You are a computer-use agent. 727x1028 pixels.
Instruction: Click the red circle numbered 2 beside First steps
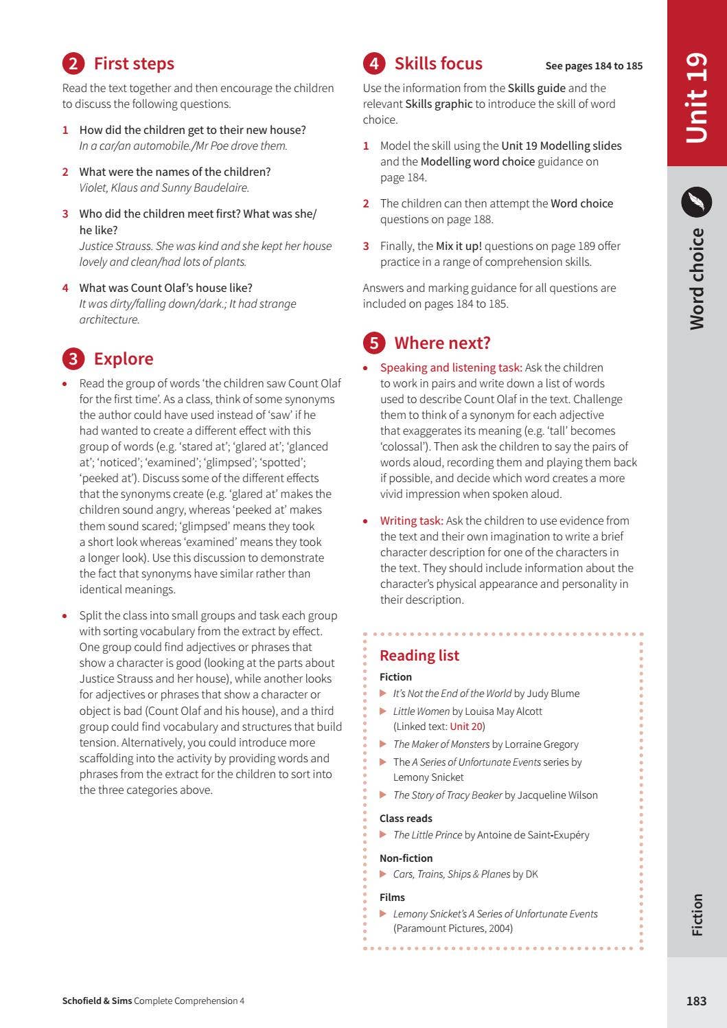[73, 64]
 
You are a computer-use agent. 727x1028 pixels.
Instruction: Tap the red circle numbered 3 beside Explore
[73, 359]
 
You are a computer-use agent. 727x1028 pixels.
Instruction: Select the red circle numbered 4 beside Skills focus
[373, 64]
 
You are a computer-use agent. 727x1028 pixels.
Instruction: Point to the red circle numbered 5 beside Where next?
[373, 343]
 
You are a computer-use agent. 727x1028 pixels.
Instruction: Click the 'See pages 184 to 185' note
[594, 66]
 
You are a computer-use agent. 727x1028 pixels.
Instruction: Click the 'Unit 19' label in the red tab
[696, 98]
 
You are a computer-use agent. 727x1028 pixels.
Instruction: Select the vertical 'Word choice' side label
[696, 279]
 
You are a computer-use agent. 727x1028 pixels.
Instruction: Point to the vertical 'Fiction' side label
[697, 914]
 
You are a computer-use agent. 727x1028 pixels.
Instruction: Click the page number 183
[696, 1001]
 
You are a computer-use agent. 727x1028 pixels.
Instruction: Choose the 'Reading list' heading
[419, 655]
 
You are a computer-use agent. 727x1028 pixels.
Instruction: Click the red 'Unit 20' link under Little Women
[466, 727]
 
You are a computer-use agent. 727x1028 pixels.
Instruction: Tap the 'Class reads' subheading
[406, 819]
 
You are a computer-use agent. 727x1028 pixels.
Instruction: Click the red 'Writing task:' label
[412, 521]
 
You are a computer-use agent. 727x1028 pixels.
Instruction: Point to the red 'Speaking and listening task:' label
[451, 367]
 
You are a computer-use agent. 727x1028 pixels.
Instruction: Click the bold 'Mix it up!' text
[459, 246]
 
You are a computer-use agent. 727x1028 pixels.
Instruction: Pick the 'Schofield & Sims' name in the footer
[97, 1001]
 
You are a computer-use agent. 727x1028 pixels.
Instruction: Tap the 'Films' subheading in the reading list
[392, 898]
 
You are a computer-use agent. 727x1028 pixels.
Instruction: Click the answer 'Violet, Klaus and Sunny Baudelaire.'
[164, 187]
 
